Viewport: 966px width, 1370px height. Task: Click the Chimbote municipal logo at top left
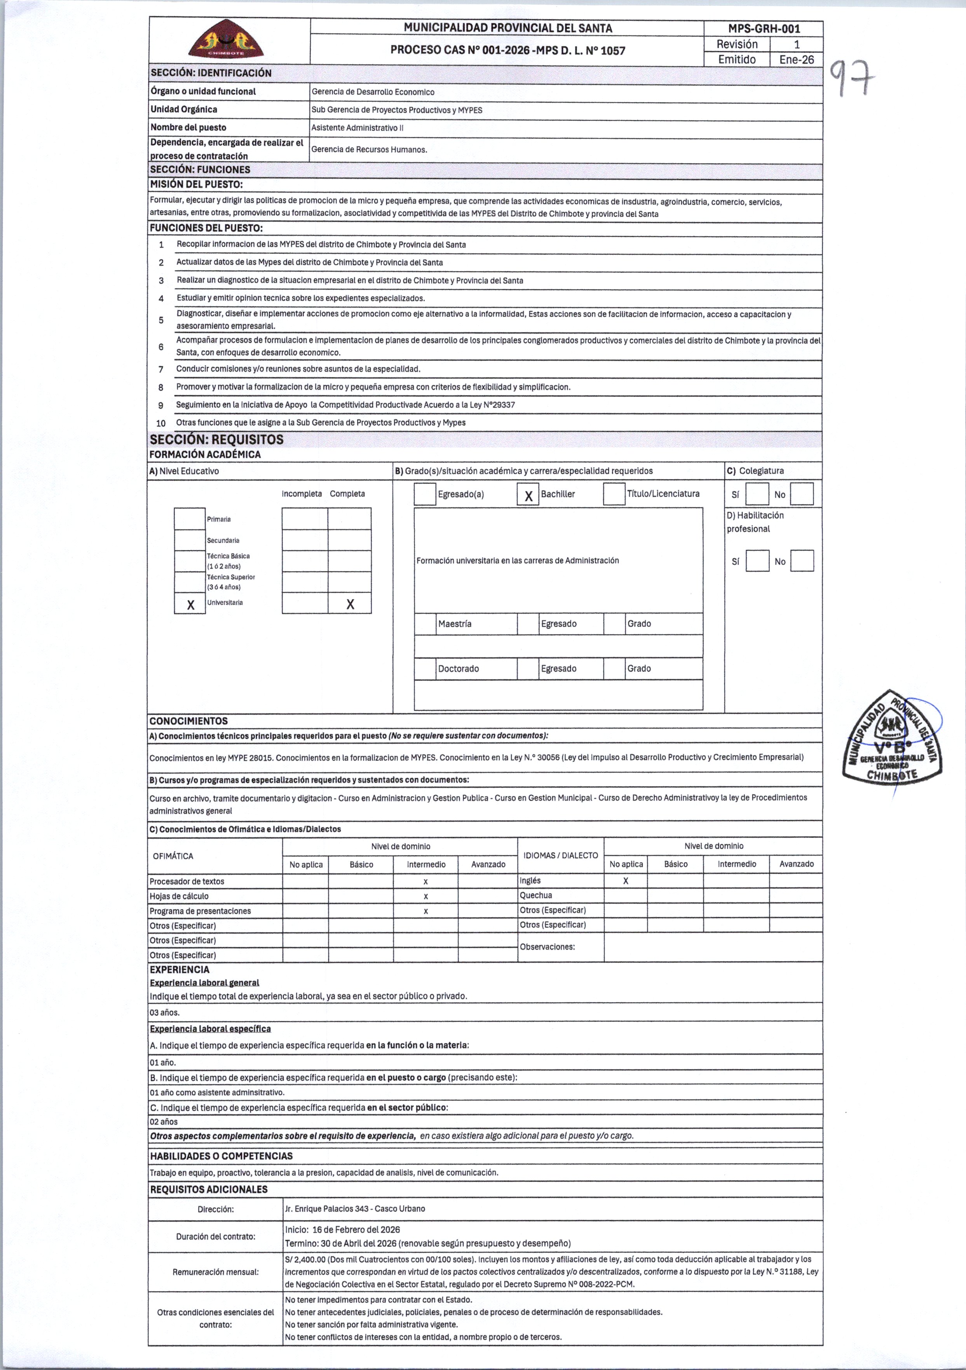point(226,39)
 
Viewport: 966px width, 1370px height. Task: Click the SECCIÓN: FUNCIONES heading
point(200,169)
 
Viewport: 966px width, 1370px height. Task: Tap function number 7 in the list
point(160,369)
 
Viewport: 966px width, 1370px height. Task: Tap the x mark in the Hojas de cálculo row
point(425,896)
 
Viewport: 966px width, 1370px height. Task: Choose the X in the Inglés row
point(626,881)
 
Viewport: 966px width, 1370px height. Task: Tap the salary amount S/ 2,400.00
point(305,1259)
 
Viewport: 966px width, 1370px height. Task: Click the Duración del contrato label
point(216,1236)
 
